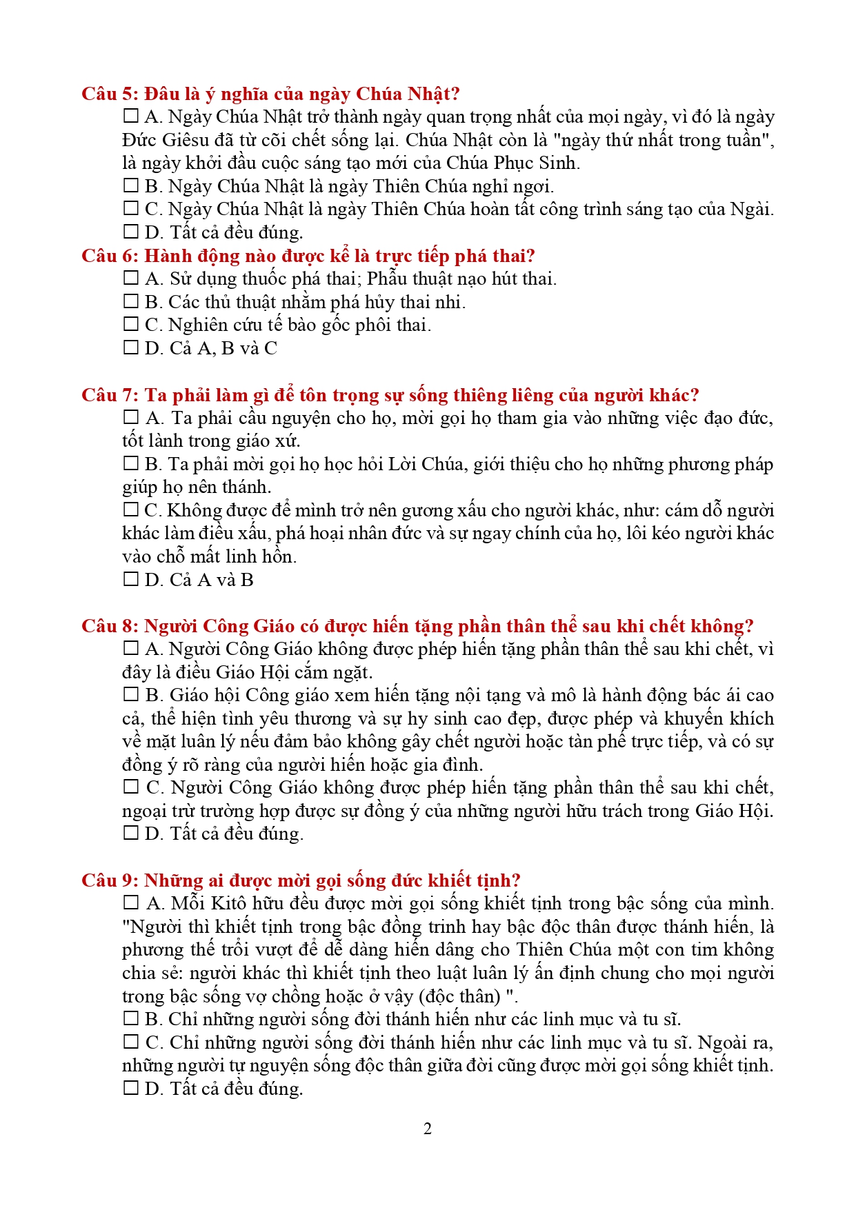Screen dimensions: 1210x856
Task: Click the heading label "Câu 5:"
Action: (x=110, y=94)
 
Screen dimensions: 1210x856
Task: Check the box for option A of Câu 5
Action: (x=130, y=116)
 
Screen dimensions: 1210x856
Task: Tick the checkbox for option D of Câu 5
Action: (x=130, y=232)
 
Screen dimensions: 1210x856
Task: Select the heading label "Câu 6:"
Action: (x=110, y=256)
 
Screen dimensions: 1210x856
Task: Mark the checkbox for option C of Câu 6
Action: (x=130, y=324)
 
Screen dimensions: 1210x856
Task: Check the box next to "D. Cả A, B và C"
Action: (x=130, y=347)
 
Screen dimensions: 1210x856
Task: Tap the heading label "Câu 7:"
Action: (x=110, y=395)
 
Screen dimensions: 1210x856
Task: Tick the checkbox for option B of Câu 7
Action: (x=130, y=463)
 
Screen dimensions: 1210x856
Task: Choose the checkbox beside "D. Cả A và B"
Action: (x=130, y=579)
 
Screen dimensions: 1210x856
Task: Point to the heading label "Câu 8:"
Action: (x=110, y=626)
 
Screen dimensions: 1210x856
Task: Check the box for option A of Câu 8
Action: (x=130, y=648)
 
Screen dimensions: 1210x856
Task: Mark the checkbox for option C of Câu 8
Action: (x=130, y=787)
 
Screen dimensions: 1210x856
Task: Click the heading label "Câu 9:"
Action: (x=110, y=880)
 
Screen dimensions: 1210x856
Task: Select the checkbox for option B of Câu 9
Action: (x=130, y=1018)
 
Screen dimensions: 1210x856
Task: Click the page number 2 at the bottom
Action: (x=428, y=1129)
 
